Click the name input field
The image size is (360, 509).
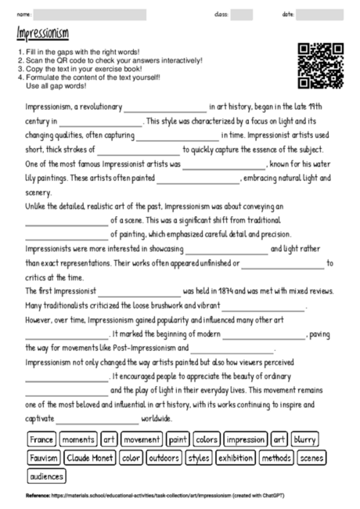click(91, 14)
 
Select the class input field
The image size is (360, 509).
click(242, 14)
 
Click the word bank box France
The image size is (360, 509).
click(41, 439)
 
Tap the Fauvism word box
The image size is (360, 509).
click(44, 457)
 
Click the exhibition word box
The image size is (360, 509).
click(235, 457)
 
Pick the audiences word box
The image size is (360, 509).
click(47, 475)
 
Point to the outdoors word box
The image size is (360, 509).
click(163, 457)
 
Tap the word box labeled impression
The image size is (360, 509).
click(245, 439)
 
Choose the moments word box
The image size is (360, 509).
click(77, 439)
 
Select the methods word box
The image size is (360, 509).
click(276, 457)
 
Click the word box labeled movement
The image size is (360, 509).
click(142, 439)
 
